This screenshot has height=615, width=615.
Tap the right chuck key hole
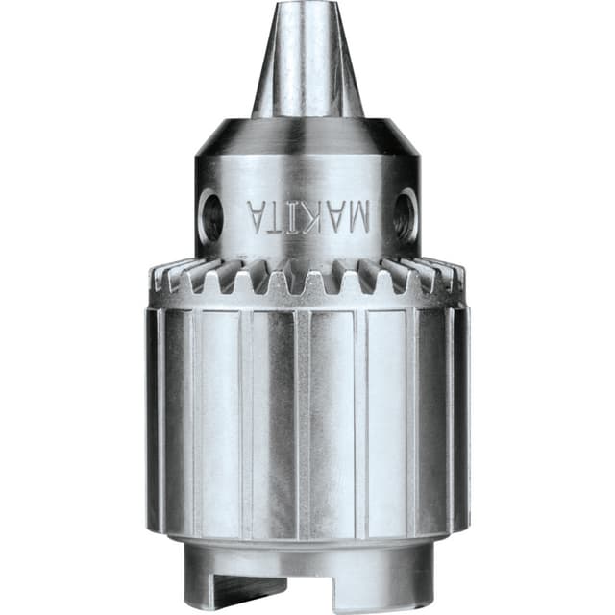(406, 213)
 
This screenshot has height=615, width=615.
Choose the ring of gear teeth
(307, 279)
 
